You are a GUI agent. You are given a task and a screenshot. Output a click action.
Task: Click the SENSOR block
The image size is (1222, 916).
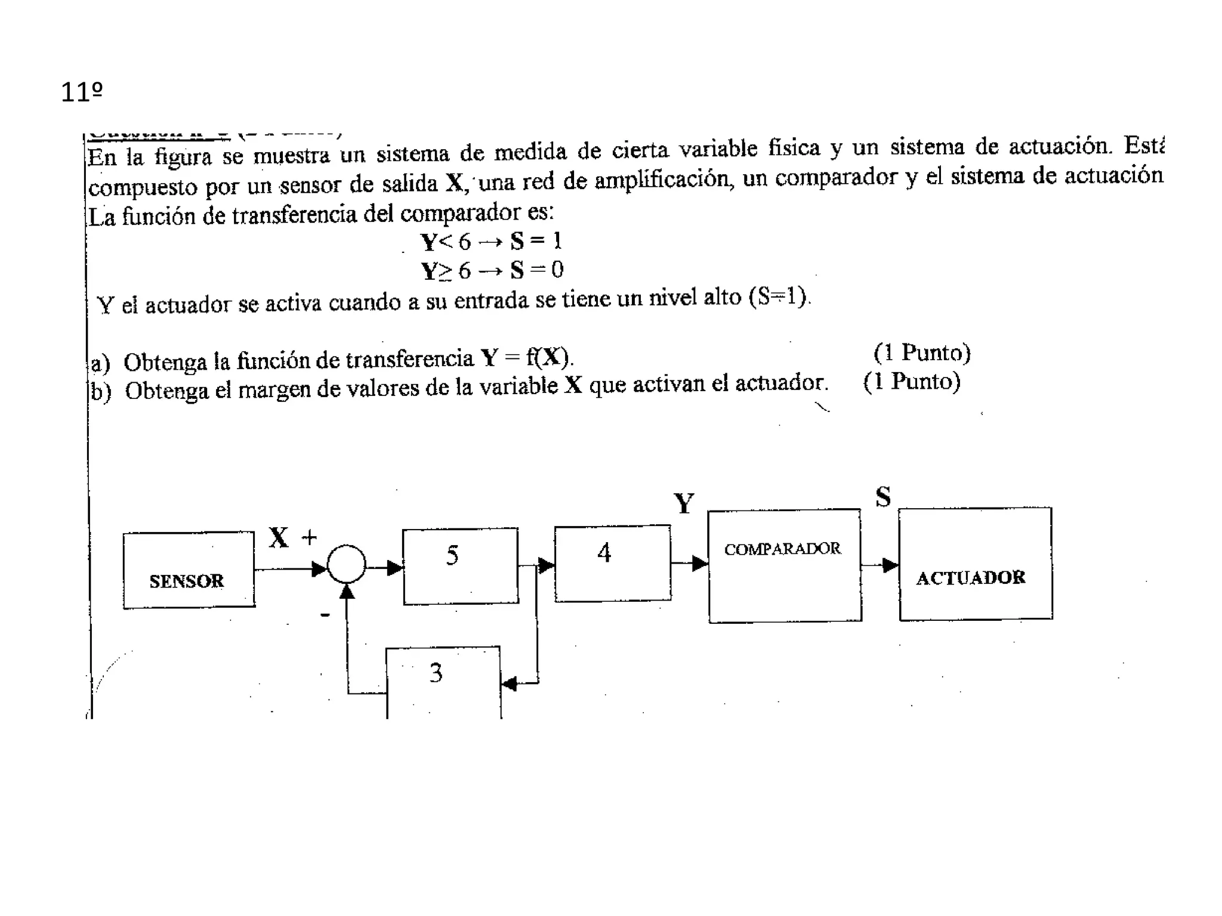click(189, 570)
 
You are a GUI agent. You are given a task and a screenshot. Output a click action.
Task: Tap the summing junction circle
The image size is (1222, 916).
click(346, 564)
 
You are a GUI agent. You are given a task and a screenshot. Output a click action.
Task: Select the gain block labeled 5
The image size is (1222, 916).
click(460, 566)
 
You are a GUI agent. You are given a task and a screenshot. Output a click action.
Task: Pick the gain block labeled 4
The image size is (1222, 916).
click(612, 564)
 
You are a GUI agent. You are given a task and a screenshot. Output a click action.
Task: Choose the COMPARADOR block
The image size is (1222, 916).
click(784, 565)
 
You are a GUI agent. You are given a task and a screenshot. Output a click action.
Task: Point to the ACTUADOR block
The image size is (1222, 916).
click(975, 564)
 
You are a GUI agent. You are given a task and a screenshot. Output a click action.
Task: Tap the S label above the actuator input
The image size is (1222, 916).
click(883, 497)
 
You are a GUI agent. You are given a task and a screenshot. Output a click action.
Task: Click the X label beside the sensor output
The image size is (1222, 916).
click(279, 538)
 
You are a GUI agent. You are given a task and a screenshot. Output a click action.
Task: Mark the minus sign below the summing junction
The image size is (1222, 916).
click(325, 614)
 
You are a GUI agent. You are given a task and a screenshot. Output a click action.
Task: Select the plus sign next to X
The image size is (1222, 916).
click(309, 538)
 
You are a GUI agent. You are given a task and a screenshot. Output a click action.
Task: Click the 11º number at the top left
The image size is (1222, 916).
click(82, 92)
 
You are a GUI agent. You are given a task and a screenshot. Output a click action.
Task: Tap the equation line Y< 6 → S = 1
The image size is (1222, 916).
click(491, 242)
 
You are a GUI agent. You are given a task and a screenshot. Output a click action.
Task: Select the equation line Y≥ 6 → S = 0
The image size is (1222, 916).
click(492, 271)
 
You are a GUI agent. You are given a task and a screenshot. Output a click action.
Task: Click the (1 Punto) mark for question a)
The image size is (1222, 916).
click(922, 353)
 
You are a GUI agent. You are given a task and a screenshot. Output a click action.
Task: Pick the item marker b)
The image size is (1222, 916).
click(100, 392)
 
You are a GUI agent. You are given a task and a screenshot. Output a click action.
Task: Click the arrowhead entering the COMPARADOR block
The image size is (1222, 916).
click(699, 563)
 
